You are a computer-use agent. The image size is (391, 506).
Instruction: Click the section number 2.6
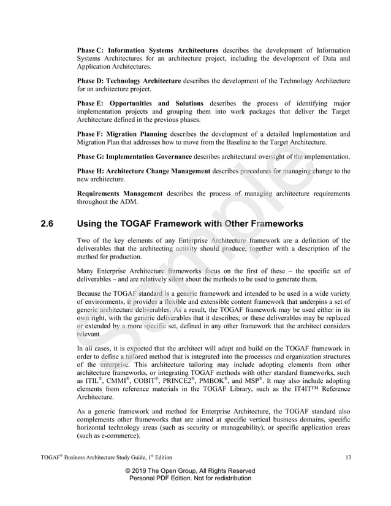pyautogui.click(x=47, y=224)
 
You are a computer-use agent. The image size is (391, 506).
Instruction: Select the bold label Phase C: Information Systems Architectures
pyautogui.click(x=148, y=50)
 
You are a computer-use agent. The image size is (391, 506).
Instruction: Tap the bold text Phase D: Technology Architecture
pyautogui.click(x=129, y=81)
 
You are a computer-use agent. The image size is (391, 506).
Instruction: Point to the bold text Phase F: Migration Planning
pyautogui.click(x=122, y=134)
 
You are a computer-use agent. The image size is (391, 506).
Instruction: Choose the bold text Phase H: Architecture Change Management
pyautogui.click(x=143, y=171)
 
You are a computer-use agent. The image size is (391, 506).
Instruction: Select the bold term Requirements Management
pyautogui.click(x=120, y=194)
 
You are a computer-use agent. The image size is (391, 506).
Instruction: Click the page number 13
pyautogui.click(x=346, y=457)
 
